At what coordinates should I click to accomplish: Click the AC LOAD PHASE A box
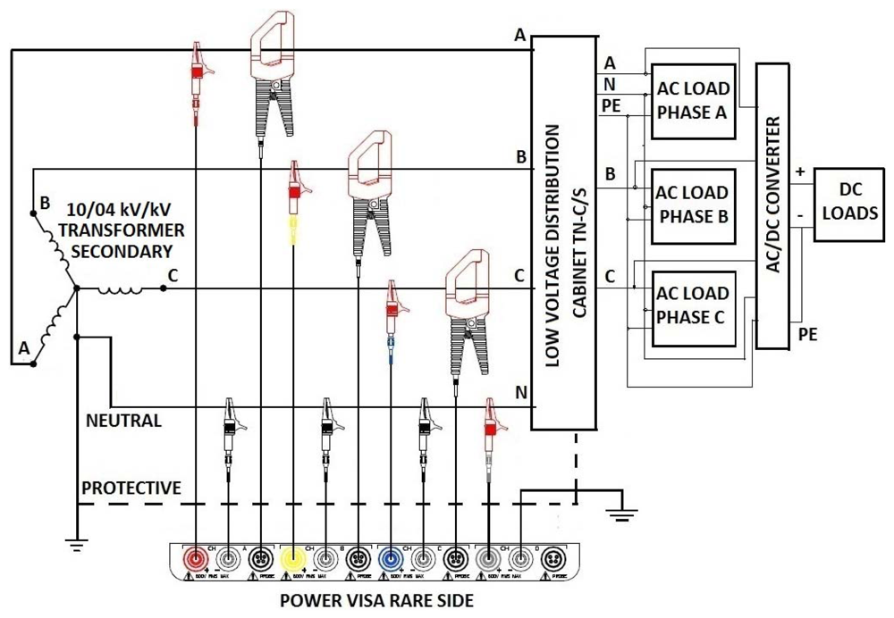point(693,101)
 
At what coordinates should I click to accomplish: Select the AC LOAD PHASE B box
point(693,205)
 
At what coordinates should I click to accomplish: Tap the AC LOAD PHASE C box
point(693,305)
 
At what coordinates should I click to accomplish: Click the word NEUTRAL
point(123,420)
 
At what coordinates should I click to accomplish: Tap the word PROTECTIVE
point(131,488)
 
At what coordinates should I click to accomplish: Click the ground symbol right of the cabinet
point(616,514)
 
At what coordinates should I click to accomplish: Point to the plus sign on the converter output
point(800,171)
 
